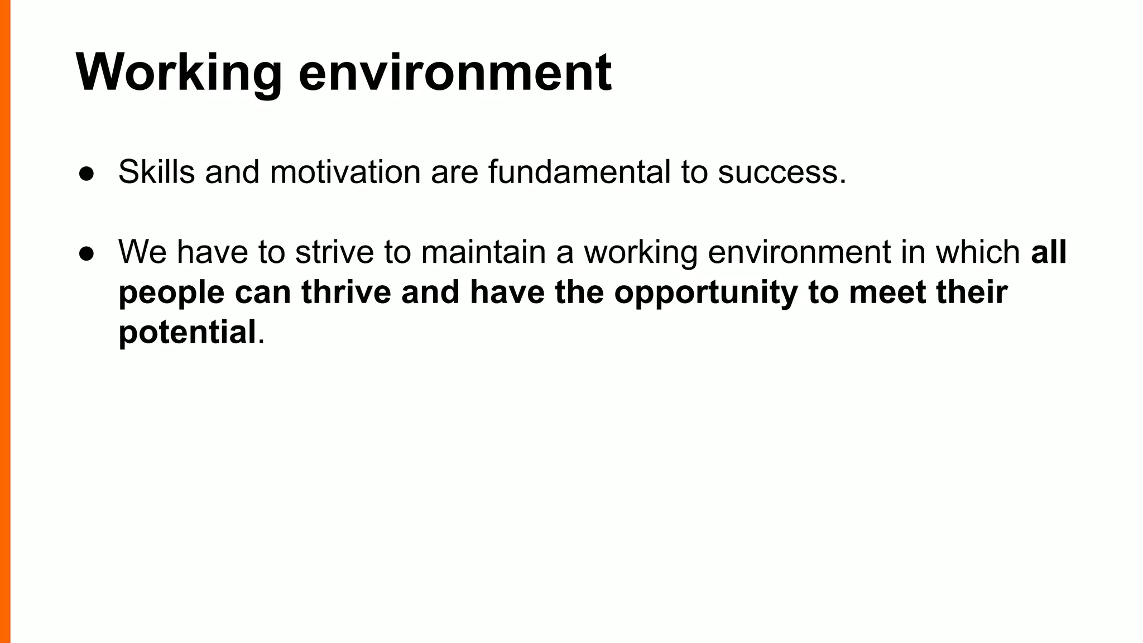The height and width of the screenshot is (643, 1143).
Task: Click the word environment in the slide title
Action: tap(455, 73)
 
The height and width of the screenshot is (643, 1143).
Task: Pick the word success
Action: tap(781, 173)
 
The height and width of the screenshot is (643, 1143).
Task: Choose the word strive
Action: tap(334, 252)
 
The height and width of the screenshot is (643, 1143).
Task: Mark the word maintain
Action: tap(483, 252)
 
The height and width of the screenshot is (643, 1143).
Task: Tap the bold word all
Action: tap(1049, 252)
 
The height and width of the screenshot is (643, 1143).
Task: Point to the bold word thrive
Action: tap(346, 292)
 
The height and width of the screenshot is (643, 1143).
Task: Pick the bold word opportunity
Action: tap(706, 293)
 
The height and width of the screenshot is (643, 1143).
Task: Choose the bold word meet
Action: tap(887, 292)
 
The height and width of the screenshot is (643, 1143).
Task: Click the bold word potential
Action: tap(187, 333)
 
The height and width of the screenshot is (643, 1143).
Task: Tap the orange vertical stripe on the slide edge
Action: tap(5, 321)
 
